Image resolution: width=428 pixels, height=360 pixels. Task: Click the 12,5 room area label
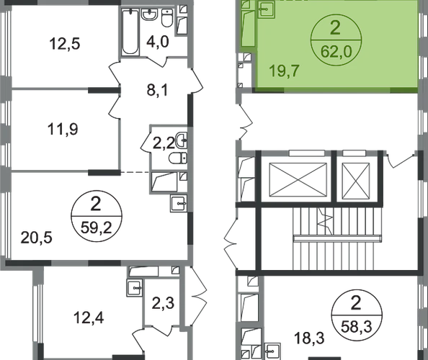point(65,44)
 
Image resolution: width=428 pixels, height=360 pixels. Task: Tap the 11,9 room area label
point(63,129)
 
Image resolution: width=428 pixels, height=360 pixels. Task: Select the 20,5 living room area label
point(36,238)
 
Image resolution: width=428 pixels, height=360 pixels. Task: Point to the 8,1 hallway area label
point(158,90)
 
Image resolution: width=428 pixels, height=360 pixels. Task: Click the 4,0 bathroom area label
point(158,42)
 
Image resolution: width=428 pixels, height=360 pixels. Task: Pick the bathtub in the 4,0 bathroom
point(130,32)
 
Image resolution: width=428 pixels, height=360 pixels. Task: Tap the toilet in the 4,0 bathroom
point(167,18)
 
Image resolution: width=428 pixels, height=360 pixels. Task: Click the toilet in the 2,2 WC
point(178,158)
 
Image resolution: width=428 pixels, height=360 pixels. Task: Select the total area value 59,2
point(97,228)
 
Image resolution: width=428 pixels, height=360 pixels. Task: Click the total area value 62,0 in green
point(336,52)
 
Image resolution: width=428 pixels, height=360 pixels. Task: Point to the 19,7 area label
point(285,71)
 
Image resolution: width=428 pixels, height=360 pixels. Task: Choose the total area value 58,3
point(357,326)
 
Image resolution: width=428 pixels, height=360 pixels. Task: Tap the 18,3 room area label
point(309,338)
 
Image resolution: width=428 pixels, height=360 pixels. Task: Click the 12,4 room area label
point(89,318)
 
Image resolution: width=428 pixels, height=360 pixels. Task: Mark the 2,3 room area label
point(163,302)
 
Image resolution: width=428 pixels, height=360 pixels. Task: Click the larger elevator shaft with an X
point(298,179)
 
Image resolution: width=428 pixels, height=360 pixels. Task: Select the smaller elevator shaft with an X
point(356,181)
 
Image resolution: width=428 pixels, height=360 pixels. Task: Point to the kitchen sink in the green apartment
point(266,10)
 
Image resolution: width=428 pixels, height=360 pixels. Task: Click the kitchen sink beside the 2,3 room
point(135,288)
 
